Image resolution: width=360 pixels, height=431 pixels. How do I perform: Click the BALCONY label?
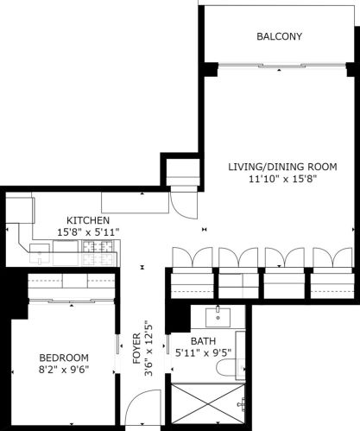278,36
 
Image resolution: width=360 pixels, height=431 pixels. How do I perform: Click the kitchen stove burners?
98,253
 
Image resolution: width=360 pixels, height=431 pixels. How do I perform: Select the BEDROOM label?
64,358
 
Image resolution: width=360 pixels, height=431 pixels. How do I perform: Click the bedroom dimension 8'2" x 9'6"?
64,370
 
